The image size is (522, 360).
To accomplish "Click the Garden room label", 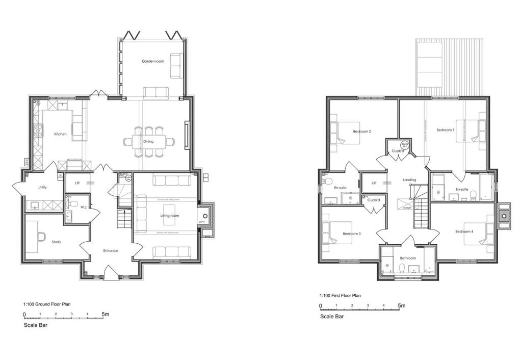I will [x=153, y=61].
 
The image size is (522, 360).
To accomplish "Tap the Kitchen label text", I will [x=60, y=134].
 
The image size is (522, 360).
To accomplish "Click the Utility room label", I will [x=42, y=187].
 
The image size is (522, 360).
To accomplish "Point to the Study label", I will [x=56, y=242].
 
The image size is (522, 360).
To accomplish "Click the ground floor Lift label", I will [x=77, y=183].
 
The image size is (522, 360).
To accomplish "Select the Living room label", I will [x=169, y=216].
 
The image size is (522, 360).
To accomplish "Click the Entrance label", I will [x=111, y=250].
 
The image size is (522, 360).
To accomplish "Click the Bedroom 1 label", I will [x=445, y=130].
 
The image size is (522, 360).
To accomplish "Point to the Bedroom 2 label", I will [x=362, y=132].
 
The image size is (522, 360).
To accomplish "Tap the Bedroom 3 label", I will [x=352, y=234].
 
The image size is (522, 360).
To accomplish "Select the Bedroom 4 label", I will [x=464, y=232].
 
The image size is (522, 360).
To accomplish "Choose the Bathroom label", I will [x=408, y=258].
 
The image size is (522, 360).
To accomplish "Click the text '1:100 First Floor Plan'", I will [x=340, y=295].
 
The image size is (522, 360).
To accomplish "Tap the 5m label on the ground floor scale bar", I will [x=105, y=314].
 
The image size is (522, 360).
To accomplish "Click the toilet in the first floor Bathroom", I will [x=403, y=269].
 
